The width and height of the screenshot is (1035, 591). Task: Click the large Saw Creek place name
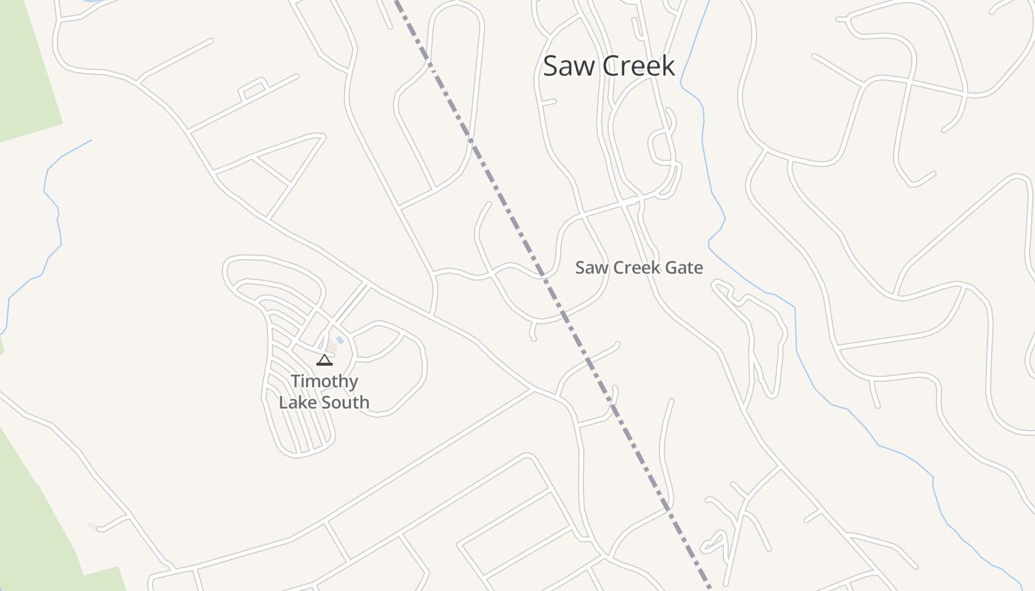608,66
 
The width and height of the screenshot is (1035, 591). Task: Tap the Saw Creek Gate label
639,267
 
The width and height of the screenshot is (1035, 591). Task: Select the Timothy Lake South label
324,392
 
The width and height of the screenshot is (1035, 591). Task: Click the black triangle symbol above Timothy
324,361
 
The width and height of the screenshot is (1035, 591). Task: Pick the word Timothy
324,381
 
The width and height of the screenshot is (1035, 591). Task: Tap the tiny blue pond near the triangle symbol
339,341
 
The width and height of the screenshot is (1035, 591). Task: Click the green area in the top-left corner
22,66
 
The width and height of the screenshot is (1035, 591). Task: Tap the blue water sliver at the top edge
92,1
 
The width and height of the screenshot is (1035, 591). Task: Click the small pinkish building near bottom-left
92,526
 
